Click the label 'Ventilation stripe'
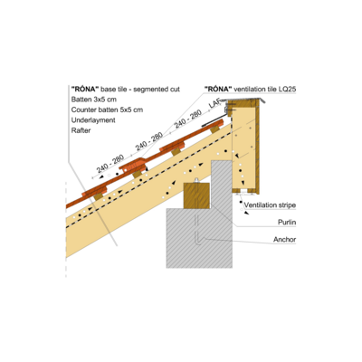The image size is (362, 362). [270, 205]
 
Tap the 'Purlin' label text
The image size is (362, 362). [287, 223]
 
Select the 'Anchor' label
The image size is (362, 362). [284, 240]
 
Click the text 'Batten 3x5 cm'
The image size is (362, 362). [94, 100]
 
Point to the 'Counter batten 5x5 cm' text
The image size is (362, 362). [107, 110]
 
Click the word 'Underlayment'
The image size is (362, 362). [93, 120]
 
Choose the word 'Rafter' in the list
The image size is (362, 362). [81, 130]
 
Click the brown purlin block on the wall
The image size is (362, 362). [196, 195]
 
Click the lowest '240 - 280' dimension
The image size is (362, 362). [110, 163]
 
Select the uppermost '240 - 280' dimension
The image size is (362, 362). [188, 119]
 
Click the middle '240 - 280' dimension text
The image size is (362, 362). [149, 141]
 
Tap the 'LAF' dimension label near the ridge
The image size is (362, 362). [214, 103]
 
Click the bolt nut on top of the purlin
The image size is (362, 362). [196, 180]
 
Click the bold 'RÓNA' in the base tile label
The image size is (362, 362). [85, 89]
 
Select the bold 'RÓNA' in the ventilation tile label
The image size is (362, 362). [218, 89]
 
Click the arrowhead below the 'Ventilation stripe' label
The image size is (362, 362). [247, 213]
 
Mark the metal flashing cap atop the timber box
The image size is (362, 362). [246, 100]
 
